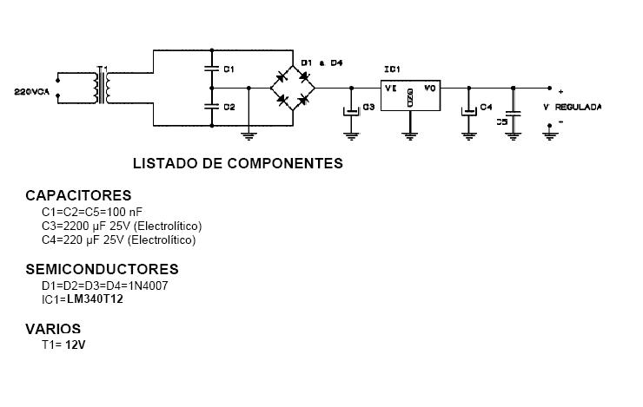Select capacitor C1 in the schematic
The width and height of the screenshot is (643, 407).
click(211, 68)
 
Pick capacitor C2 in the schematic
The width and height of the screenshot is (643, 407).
click(211, 107)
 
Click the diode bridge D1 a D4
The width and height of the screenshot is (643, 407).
click(294, 88)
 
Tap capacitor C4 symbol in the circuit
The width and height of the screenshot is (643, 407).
click(469, 109)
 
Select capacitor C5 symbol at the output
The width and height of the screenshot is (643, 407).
click(513, 112)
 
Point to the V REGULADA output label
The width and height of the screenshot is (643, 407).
click(572, 107)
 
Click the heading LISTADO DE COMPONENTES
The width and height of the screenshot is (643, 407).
click(237, 163)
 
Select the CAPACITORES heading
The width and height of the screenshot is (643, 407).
click(78, 196)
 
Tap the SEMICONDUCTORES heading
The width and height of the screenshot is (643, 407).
click(102, 270)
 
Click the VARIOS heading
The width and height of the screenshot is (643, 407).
click(53, 329)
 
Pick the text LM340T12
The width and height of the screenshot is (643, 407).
click(95, 299)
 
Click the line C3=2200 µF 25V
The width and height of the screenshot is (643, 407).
click(122, 226)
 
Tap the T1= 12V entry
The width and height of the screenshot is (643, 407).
click(63, 345)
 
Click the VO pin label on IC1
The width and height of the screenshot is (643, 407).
click(429, 89)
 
